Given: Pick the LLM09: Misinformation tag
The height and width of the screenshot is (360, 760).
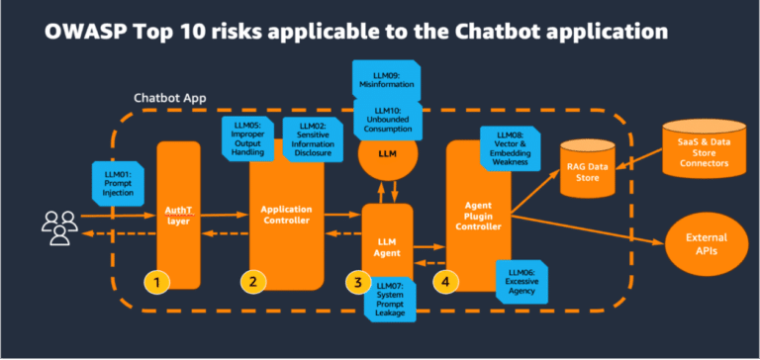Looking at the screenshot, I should tap(387, 78).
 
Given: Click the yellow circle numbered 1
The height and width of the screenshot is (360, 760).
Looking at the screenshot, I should tap(156, 282).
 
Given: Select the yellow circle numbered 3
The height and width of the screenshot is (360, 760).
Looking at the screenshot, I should tap(353, 282).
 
